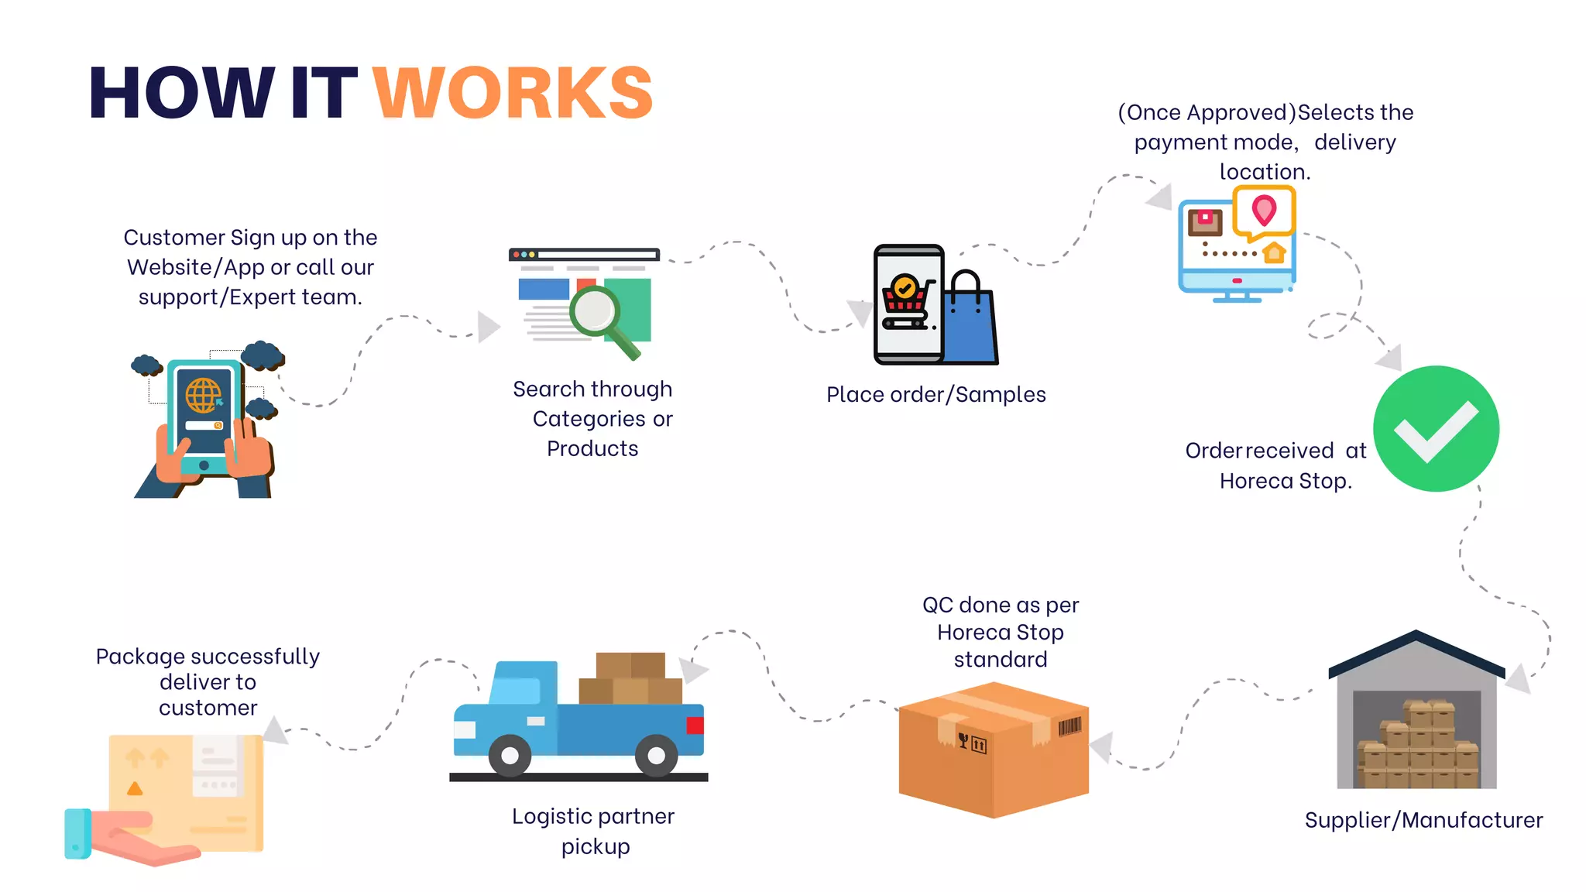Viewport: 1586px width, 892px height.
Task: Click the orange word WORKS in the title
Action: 513,93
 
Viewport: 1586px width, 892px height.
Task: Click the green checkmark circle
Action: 1436,428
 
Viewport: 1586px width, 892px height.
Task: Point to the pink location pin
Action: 1264,209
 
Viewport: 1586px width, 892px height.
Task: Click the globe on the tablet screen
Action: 203,396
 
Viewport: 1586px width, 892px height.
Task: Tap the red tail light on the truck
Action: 695,726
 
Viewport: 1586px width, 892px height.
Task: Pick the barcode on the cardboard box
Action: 1069,726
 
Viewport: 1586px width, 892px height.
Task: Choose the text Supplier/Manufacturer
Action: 1423,820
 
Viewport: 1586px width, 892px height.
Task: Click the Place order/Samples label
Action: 935,395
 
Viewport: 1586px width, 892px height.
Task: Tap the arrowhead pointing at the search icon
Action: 488,327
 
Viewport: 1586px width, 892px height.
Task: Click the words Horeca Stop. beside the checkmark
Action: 1286,481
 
